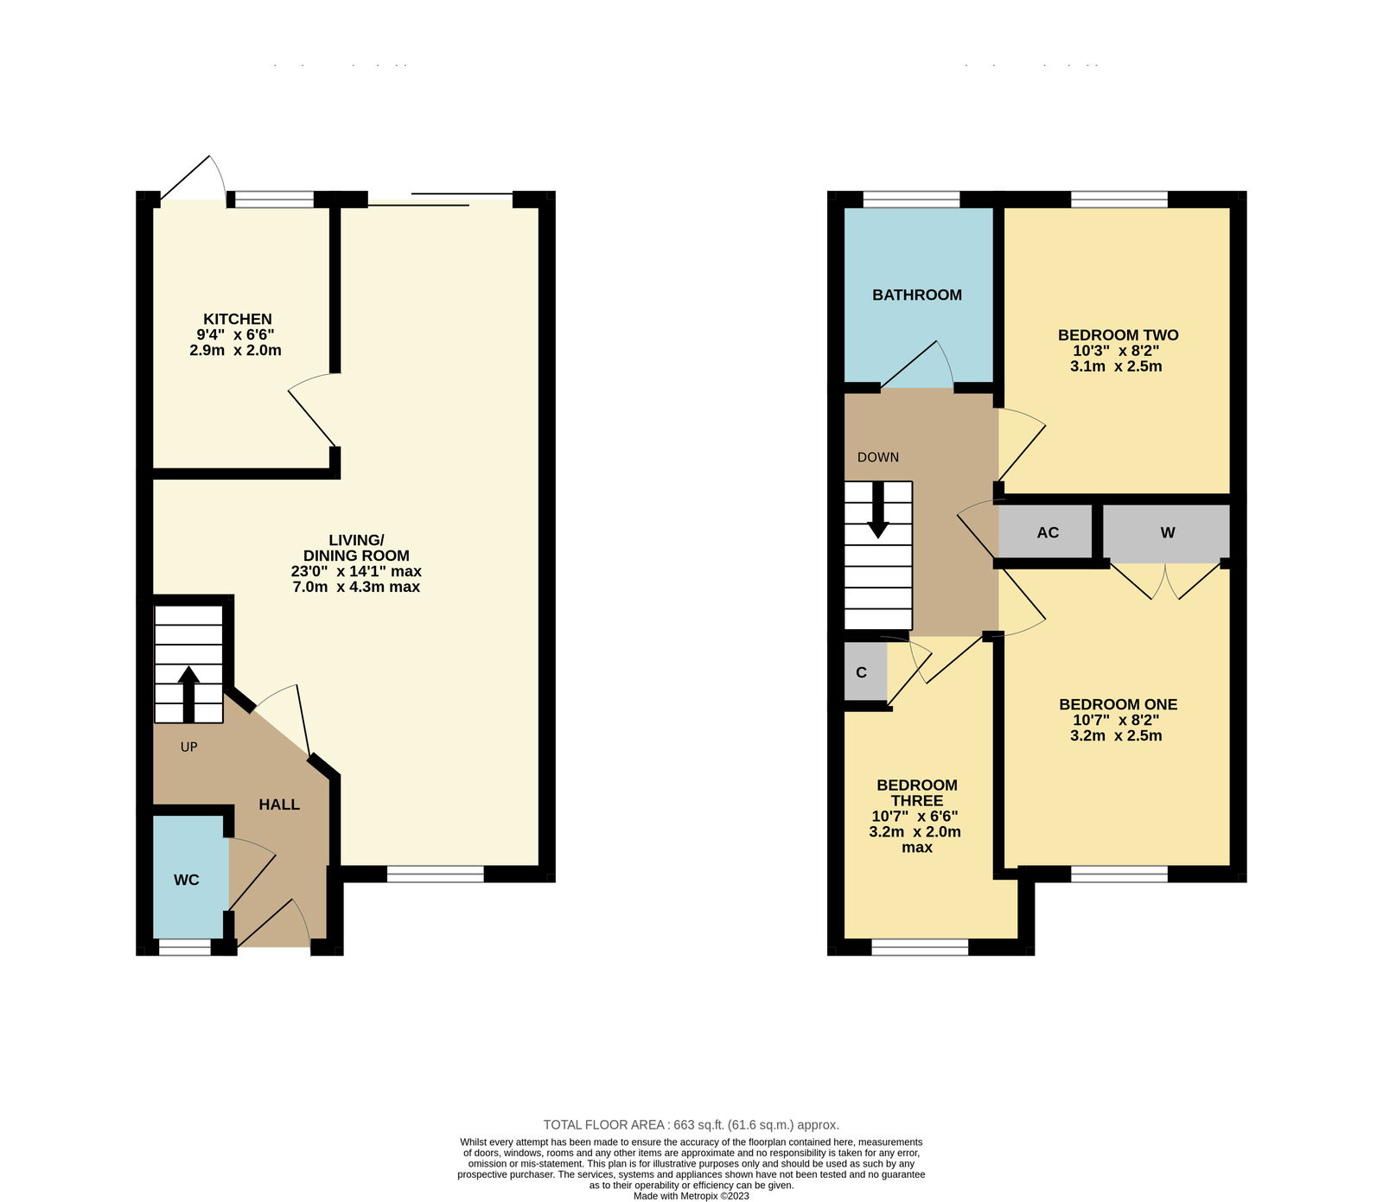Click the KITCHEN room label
click(x=238, y=319)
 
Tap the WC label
click(x=187, y=880)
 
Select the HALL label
click(x=279, y=805)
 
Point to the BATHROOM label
click(x=917, y=295)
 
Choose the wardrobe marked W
click(x=1166, y=532)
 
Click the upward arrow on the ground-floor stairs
click(x=188, y=694)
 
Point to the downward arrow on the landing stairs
click(x=878, y=510)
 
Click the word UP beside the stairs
click(x=189, y=747)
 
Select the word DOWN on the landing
click(x=878, y=457)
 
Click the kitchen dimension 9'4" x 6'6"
click(x=236, y=334)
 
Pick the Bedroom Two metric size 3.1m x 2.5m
click(x=1116, y=366)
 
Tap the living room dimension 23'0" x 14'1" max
click(x=356, y=571)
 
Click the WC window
click(x=185, y=948)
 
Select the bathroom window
click(x=912, y=200)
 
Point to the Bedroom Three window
click(x=920, y=948)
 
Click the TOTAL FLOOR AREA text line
click(x=691, y=1124)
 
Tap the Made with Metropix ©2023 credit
click(x=691, y=1196)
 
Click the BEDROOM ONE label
click(x=1119, y=704)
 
